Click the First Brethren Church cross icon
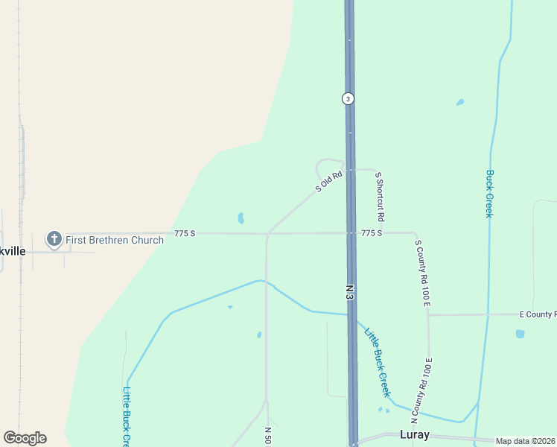54,239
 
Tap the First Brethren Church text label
115,240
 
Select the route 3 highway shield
348,98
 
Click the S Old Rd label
328,183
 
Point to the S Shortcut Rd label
379,197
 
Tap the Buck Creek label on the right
489,194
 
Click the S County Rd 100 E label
423,273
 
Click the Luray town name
416,434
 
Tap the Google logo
25,438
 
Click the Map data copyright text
526,441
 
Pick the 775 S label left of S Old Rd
185,233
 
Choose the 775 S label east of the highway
371,233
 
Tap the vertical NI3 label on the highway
349,291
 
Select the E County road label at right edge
537,314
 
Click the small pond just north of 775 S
241,218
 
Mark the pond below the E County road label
520,334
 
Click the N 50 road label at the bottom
267,436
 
